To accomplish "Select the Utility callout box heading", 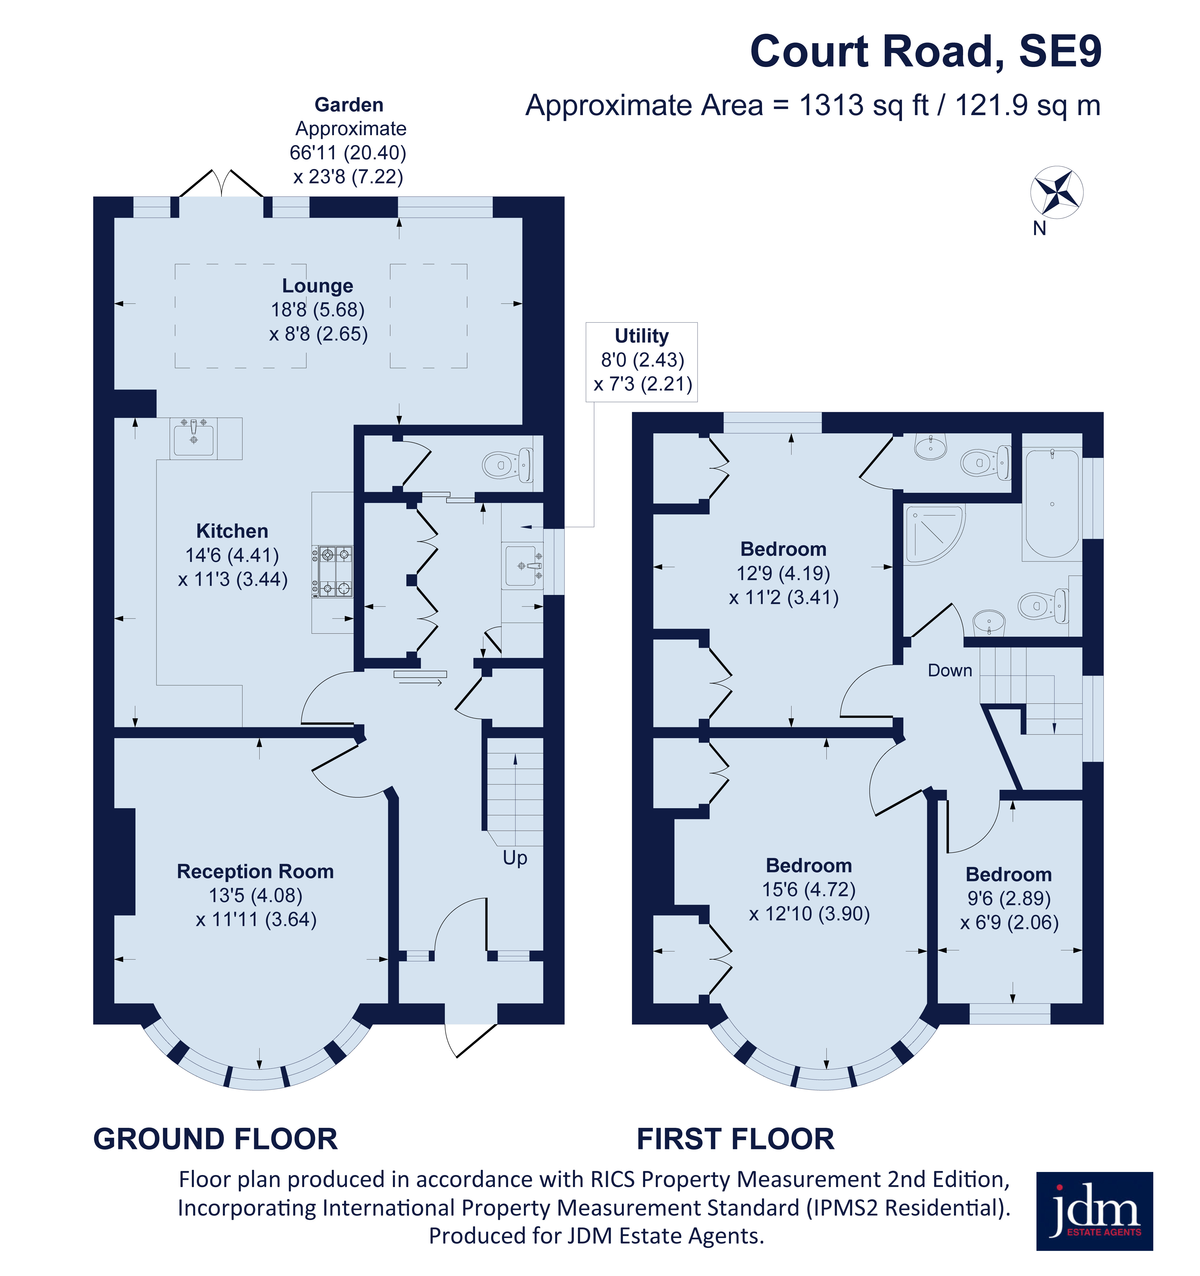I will [x=641, y=336].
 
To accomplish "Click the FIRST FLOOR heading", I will [x=735, y=1139].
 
